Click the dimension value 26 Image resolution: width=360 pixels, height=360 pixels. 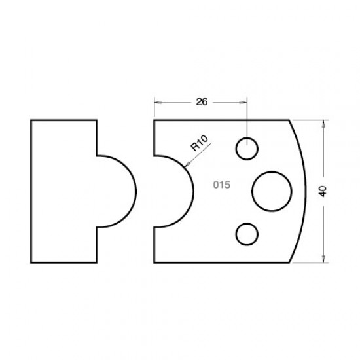pos(202,101)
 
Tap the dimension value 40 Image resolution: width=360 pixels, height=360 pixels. pos(323,191)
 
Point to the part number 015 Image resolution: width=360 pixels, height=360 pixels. pos(221,185)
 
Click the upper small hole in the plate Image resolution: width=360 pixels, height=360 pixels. pos(247,149)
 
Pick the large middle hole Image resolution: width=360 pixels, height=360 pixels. pos(271,190)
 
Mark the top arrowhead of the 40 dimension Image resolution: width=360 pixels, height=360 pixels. pos(325,123)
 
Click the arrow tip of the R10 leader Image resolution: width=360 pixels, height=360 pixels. pos(186,168)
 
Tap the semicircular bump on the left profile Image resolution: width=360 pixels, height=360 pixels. pos(124,191)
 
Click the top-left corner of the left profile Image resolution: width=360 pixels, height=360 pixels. pos(31,120)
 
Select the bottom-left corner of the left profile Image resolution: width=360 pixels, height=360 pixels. pos(31,262)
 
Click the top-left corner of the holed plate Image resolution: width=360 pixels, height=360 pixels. pos(154,120)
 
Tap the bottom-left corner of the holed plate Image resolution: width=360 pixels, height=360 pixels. pos(154,262)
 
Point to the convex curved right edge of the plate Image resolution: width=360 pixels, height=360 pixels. pos(308,191)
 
